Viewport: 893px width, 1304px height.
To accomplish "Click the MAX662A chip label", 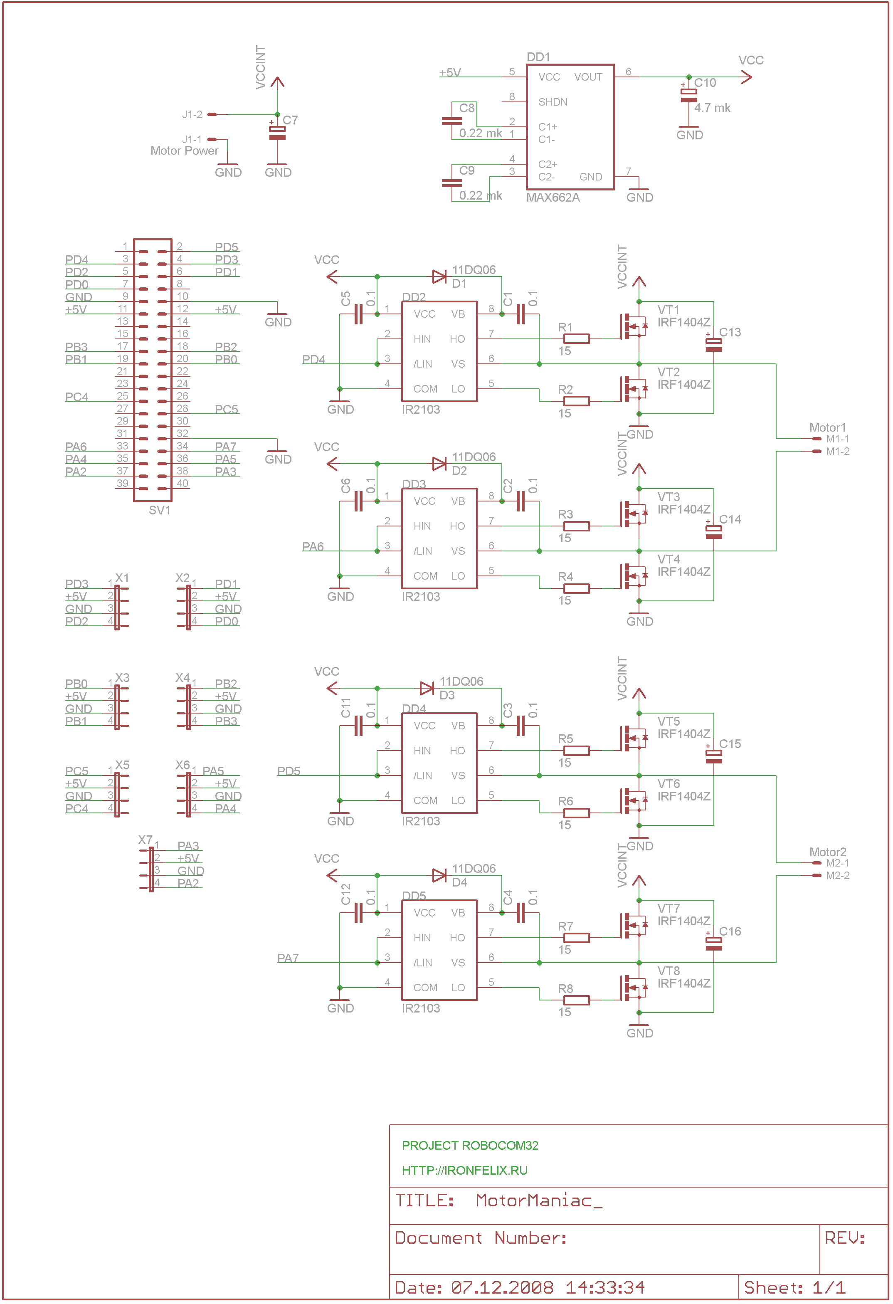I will click(553, 198).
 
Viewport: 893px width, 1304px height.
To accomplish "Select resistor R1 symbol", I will click(576, 338).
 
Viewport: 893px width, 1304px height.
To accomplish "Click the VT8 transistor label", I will click(669, 971).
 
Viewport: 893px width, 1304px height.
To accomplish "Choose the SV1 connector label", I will click(159, 510).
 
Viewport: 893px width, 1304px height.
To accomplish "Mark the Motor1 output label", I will click(827, 427).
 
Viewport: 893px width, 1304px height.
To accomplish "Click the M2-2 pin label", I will click(837, 875).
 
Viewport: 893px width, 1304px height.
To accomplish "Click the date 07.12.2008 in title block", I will click(502, 1287).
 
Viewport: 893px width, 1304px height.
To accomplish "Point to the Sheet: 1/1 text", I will click(794, 1287).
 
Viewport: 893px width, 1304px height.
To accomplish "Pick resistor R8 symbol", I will click(576, 1000).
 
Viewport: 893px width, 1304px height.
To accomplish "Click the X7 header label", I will click(145, 840).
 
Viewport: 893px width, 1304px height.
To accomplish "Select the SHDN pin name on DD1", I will click(553, 102).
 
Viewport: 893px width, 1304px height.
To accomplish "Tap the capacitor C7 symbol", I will click(277, 133).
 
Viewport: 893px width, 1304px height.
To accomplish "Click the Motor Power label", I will click(184, 151).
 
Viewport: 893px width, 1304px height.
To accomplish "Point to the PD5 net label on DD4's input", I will click(289, 771).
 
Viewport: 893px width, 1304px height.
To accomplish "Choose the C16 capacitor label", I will click(730, 931).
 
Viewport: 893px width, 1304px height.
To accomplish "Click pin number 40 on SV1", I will click(183, 483).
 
